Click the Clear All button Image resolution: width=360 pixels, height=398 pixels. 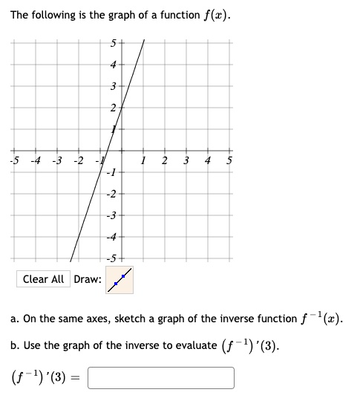coord(44,279)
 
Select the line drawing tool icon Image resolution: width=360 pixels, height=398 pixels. coord(120,279)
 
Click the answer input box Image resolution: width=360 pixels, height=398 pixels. coord(161,378)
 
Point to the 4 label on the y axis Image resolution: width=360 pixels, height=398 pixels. coord(114,65)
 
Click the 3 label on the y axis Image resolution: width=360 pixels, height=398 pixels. coord(114,87)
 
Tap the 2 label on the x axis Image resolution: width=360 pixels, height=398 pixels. coord(165,162)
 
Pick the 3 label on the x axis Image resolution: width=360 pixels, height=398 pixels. coord(186,162)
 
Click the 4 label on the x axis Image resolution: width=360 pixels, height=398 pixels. coord(208,162)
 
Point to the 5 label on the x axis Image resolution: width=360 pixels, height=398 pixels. coord(229,162)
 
